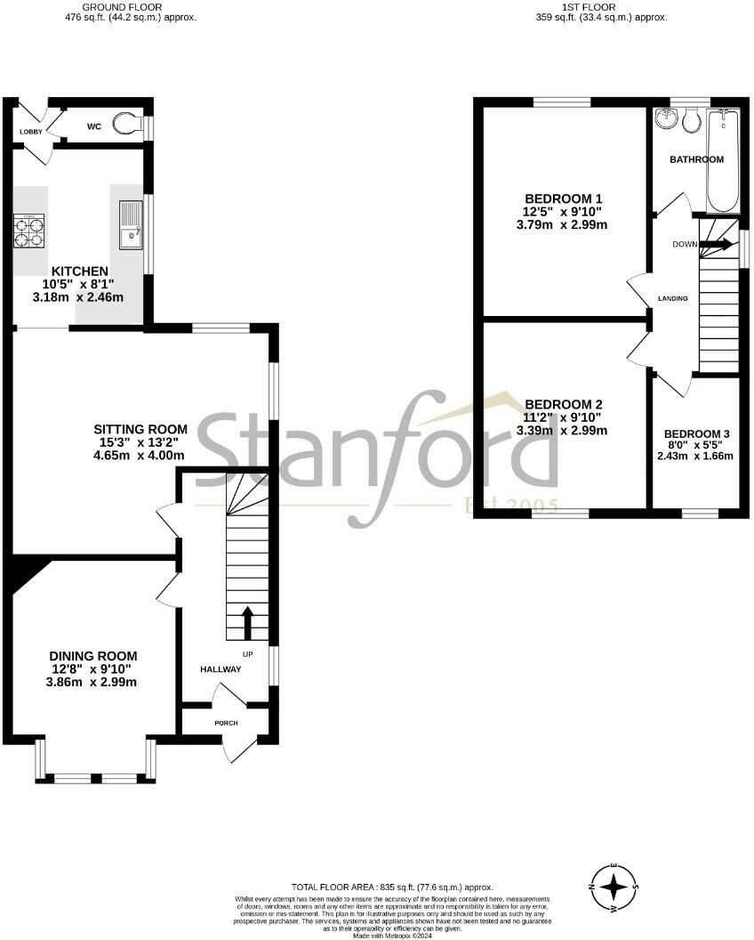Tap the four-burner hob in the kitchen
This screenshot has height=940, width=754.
[28, 231]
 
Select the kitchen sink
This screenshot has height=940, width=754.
[131, 225]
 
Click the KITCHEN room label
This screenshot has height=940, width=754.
[80, 271]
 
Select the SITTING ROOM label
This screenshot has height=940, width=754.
[143, 429]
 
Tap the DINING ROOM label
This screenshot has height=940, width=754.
[92, 656]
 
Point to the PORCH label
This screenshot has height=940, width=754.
[226, 723]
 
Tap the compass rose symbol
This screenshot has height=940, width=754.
[614, 887]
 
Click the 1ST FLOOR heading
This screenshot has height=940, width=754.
[601, 6]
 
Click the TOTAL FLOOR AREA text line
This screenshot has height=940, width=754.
[392, 887]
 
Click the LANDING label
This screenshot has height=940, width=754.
[672, 298]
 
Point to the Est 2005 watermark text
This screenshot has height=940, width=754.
[512, 506]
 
